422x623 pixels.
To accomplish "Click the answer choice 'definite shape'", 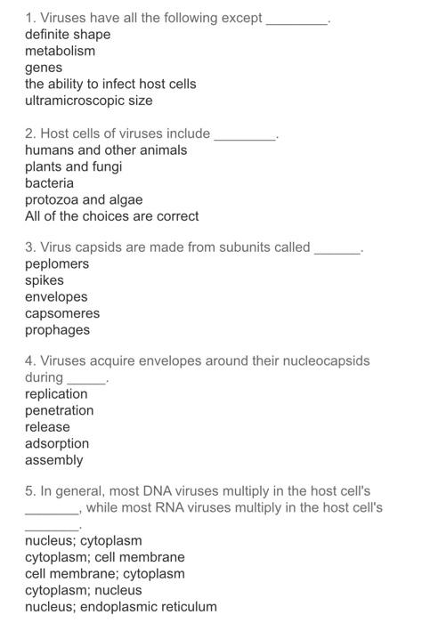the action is [x=68, y=34].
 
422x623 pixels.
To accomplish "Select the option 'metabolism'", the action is [x=60, y=51].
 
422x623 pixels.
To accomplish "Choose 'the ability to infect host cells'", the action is [x=110, y=84].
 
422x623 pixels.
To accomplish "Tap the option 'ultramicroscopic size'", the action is [x=89, y=101].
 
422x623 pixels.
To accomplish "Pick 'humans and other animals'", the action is [x=106, y=150].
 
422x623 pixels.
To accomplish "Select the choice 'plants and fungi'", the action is [x=74, y=166].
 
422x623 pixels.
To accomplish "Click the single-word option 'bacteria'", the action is [x=50, y=182].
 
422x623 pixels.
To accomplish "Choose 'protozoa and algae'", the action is [x=84, y=199].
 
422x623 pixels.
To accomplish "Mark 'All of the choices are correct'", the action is [x=112, y=215].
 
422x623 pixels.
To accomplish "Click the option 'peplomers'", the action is [x=57, y=264].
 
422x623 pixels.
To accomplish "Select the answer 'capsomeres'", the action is [x=62, y=313].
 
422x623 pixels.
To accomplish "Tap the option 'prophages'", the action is [x=57, y=330].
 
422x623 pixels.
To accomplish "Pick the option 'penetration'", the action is [x=59, y=410].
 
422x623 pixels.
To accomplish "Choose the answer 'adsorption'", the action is [x=57, y=443].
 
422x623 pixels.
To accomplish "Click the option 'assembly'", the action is [x=53, y=460].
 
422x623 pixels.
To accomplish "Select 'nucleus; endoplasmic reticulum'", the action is [x=120, y=607].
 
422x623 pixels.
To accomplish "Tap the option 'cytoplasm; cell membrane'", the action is [x=105, y=557].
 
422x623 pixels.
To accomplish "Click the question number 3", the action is [x=30, y=247].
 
